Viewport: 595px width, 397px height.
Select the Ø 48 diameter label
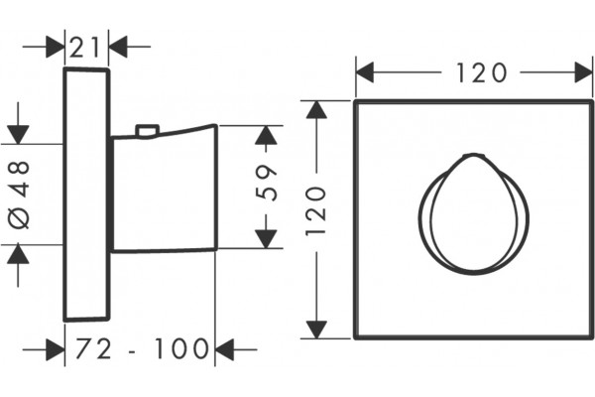[19, 195]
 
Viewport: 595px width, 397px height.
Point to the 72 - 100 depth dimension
[142, 348]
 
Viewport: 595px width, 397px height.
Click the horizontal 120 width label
[481, 72]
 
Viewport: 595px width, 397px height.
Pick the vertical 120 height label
[316, 210]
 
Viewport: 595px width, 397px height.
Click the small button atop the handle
[147, 130]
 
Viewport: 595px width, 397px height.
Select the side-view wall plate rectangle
[86, 195]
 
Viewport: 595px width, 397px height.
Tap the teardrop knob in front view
[474, 214]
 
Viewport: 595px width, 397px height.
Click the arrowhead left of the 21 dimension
[56, 47]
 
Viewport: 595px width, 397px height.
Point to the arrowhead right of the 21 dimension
[118, 47]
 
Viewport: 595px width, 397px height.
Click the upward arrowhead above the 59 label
[266, 135]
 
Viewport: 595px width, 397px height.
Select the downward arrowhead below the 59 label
[266, 239]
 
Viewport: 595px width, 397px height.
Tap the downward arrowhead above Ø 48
[18, 135]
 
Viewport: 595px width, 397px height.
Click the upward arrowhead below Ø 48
[18, 254]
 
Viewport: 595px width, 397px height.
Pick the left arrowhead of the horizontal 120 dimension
[365, 72]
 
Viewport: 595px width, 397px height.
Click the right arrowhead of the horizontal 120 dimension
[584, 72]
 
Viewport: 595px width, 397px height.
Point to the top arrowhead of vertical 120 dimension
[316, 110]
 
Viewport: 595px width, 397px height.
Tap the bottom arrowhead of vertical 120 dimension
[316, 330]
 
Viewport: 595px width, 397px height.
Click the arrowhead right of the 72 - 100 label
[224, 349]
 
